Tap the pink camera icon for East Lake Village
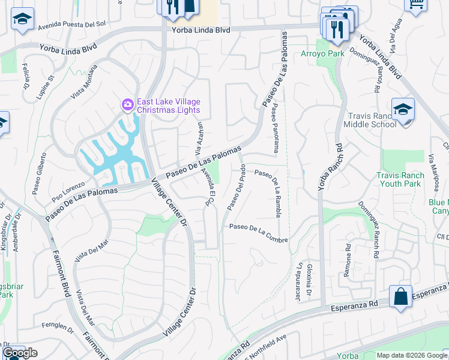[127, 105]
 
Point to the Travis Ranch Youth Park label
[399, 179]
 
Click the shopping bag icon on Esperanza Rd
[400, 297]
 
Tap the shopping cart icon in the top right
[415, 5]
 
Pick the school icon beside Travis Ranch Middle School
[403, 110]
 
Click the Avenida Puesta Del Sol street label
[71, 25]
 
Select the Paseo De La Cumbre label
[258, 233]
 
